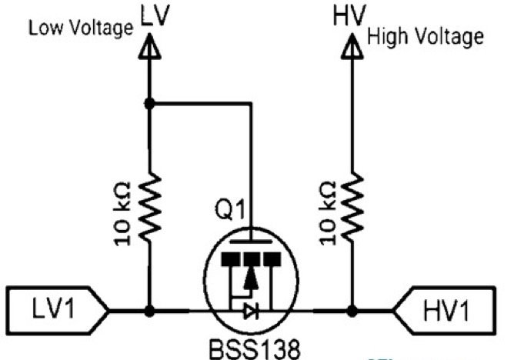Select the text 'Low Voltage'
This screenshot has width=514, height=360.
click(x=81, y=28)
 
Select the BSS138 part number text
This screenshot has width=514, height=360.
click(x=252, y=347)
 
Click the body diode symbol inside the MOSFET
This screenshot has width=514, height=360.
click(x=248, y=312)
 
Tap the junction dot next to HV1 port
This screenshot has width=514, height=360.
click(x=352, y=312)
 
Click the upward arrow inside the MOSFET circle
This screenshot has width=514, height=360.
click(x=249, y=283)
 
